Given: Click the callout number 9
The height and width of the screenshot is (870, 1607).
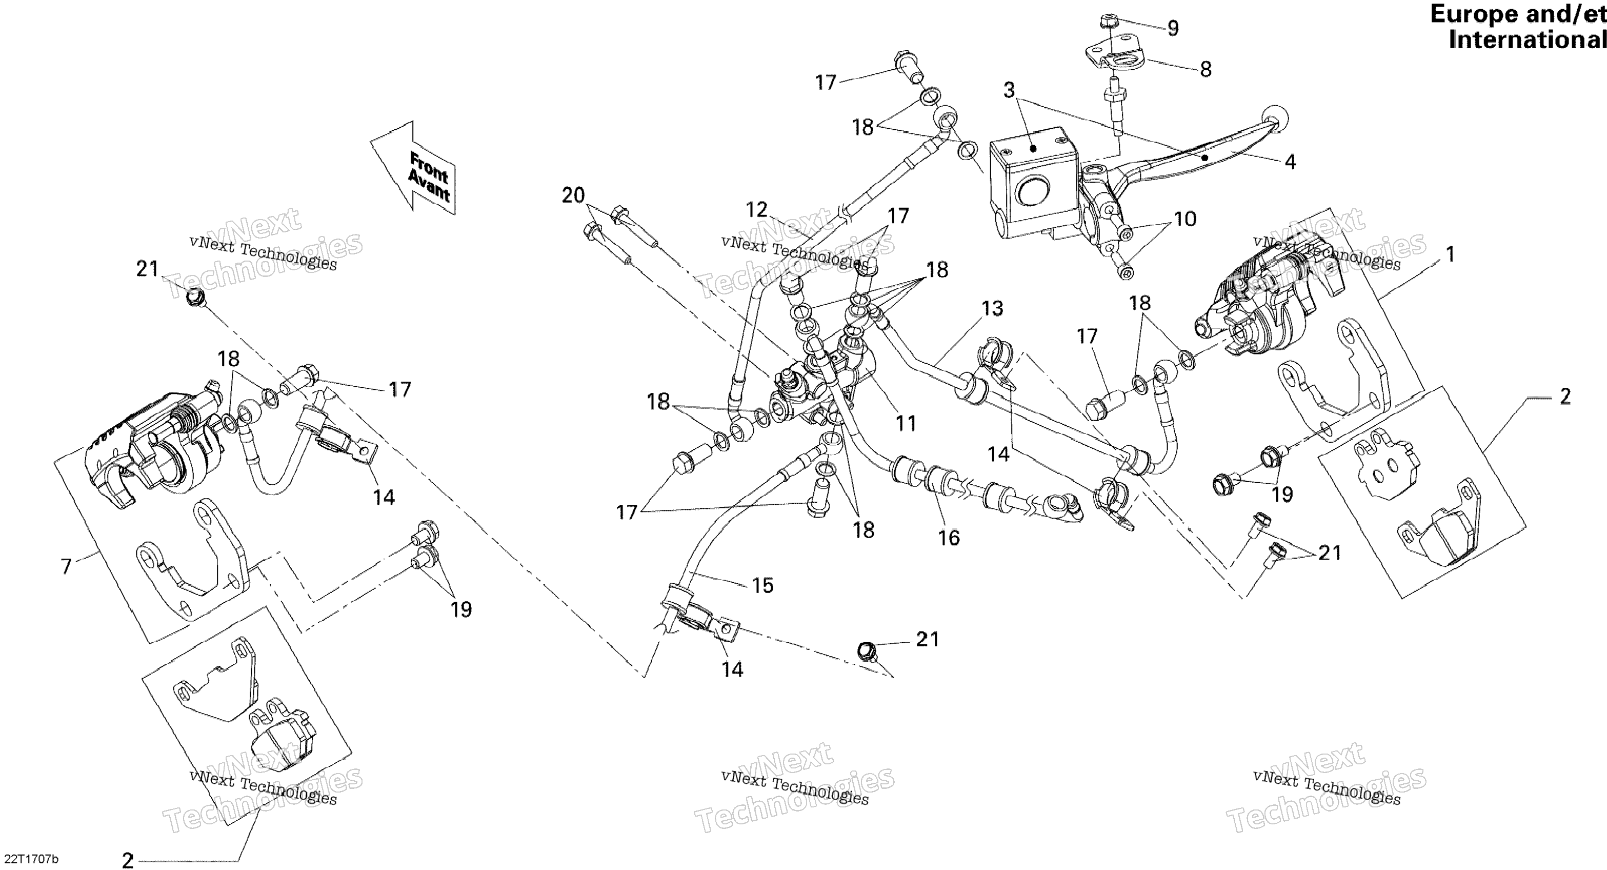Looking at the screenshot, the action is click(x=1173, y=28).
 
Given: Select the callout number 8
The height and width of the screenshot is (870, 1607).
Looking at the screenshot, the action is click(x=1205, y=69).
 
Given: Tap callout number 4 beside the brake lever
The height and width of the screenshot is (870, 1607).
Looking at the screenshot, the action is click(x=1291, y=162).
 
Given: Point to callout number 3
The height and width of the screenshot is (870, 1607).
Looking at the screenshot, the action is click(x=1009, y=90).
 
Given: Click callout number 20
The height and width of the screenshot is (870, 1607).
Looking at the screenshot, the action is click(x=573, y=195).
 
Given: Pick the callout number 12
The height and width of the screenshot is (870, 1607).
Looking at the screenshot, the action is click(x=757, y=209).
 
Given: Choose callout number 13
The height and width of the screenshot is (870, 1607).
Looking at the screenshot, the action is click(x=993, y=308).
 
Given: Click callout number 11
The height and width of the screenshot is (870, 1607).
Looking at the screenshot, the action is click(x=906, y=424).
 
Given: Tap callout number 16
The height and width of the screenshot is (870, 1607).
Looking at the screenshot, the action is click(x=949, y=538).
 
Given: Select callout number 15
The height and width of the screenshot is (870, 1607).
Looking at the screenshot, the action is click(x=762, y=585).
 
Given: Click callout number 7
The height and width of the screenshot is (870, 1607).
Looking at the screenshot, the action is click(x=66, y=567).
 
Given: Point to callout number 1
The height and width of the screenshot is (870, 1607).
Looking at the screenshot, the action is click(x=1451, y=254).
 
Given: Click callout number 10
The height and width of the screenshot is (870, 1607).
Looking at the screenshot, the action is click(x=1186, y=219).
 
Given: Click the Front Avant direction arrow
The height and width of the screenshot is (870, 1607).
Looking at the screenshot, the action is click(x=413, y=167).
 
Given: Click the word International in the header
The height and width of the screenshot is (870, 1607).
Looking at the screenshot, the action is click(x=1527, y=40).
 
